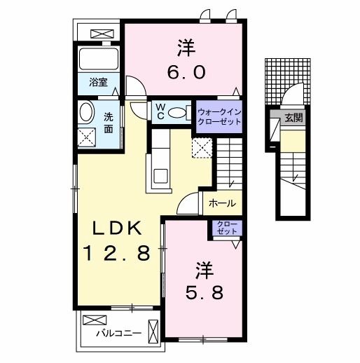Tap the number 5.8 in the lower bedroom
click(x=204, y=292)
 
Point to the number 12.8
click(x=118, y=252)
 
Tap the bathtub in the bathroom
click(x=98, y=58)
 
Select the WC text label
click(x=160, y=112)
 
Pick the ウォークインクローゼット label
click(x=219, y=116)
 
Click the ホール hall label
click(x=221, y=204)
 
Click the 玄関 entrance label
click(x=294, y=118)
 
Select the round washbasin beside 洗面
click(x=88, y=113)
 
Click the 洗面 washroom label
click(x=109, y=123)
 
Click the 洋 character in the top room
click(x=185, y=48)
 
